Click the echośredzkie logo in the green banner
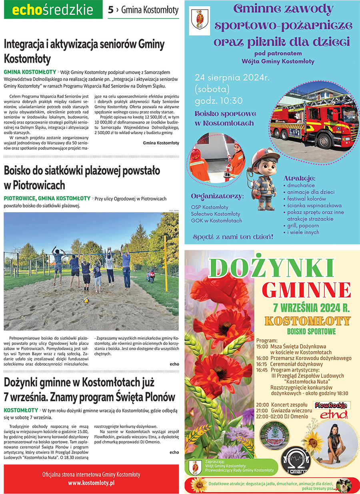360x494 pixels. point(52,10)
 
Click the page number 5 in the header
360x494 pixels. point(111,10)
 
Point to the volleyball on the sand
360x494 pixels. point(86,300)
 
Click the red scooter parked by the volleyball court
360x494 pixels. point(151,275)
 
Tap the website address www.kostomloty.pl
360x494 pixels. point(91,483)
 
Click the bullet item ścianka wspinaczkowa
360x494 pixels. point(306,205)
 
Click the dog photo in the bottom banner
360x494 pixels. point(343,485)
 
